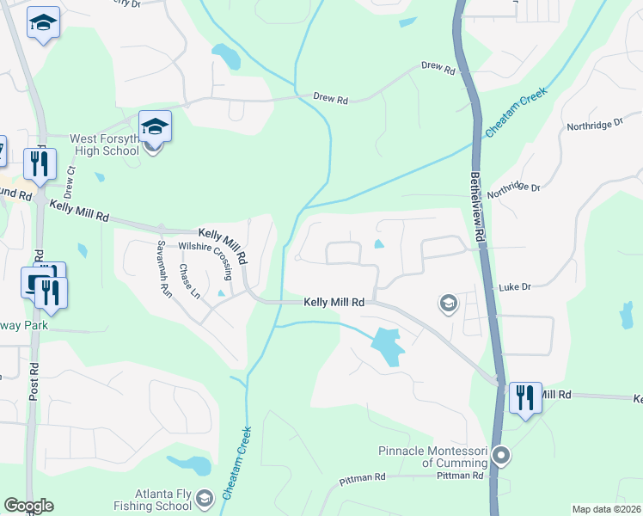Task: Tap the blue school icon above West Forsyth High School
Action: click(x=155, y=126)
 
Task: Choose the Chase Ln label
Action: click(x=189, y=280)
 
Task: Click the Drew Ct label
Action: click(x=70, y=182)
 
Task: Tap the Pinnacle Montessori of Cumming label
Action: click(x=433, y=457)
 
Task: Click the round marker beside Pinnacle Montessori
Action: click(x=503, y=456)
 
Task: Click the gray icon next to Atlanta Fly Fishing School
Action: click(x=205, y=498)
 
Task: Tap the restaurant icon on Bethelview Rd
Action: click(x=525, y=397)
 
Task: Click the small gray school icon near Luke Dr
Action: click(x=447, y=303)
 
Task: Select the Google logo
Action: click(x=28, y=506)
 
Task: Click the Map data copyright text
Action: click(x=606, y=509)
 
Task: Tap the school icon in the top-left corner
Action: click(x=42, y=23)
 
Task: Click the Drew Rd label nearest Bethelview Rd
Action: click(x=438, y=66)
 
